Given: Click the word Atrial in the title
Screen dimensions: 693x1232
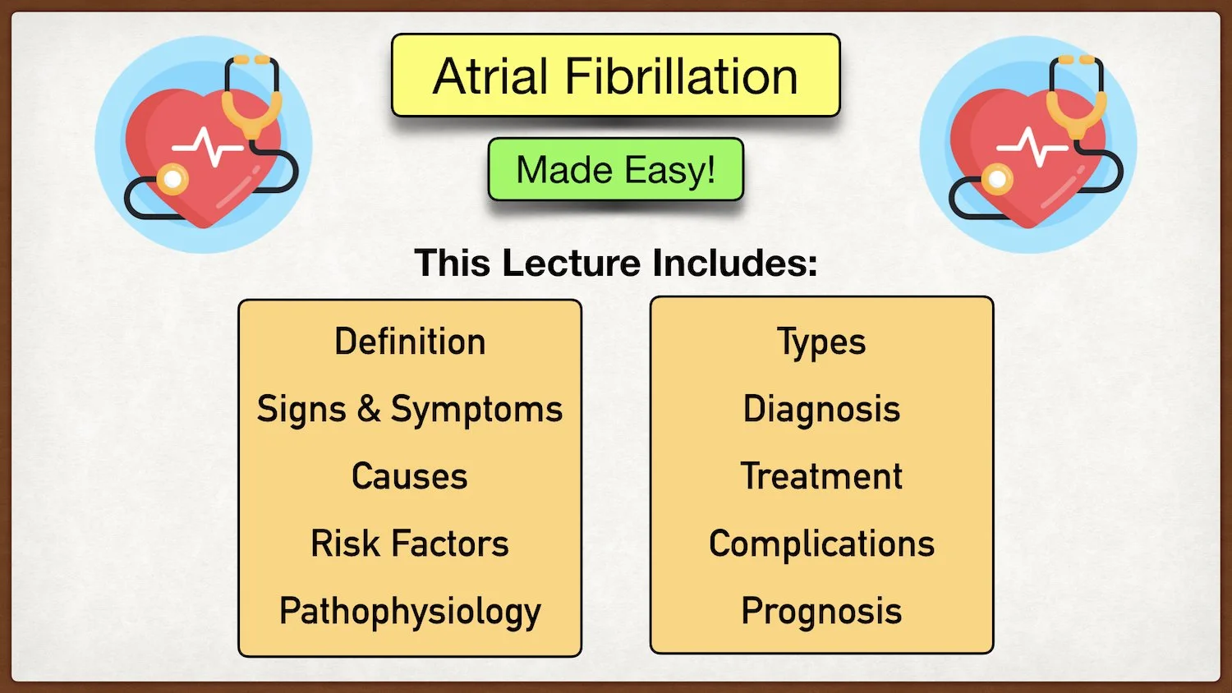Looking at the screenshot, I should click(x=490, y=76).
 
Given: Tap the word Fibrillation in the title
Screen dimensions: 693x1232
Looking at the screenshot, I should click(x=681, y=76).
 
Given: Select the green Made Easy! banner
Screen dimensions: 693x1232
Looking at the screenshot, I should click(x=615, y=170).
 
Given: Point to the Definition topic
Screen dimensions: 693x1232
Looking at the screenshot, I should click(x=410, y=342).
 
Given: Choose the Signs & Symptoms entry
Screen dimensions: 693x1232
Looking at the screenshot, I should click(x=410, y=409).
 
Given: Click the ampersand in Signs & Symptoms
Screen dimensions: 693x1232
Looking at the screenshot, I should click(x=369, y=408).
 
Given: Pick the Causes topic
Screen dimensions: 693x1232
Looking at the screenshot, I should click(x=410, y=476).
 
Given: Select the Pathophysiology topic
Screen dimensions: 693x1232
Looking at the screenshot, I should click(x=410, y=612).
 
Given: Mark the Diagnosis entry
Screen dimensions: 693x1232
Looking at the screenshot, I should click(x=821, y=409).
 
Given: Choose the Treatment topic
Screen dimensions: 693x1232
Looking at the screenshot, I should click(x=821, y=476).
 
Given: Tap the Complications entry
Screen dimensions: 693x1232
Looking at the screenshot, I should click(x=821, y=544).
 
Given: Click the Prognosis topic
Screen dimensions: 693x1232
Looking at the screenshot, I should click(x=821, y=612).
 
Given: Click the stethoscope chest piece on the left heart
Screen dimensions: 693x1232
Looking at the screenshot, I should click(x=172, y=178).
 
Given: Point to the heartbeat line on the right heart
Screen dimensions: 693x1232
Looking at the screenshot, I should click(x=1032, y=148).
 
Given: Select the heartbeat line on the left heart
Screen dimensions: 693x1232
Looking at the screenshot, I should click(x=207, y=148).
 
